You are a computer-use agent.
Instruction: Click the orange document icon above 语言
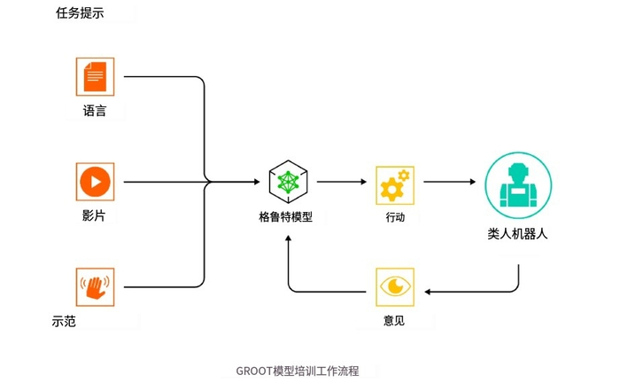(95, 77)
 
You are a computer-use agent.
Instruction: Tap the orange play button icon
(95, 182)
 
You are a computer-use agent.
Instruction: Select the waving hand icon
(95, 287)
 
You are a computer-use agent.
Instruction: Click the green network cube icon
(288, 182)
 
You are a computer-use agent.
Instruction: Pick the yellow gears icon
(395, 185)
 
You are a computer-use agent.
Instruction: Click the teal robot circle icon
(518, 185)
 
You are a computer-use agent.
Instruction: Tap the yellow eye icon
(395, 287)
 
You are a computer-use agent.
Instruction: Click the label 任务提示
(80, 13)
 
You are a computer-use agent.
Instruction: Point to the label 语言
(95, 111)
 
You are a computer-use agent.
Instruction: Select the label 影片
(94, 215)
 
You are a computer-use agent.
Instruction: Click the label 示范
(64, 321)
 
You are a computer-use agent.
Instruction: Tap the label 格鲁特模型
(286, 217)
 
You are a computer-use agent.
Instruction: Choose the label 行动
(395, 217)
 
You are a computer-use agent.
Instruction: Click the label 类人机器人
(517, 233)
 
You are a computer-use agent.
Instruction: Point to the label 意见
(394, 320)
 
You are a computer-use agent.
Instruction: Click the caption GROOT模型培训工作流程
(298, 371)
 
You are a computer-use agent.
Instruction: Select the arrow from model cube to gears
(342, 182)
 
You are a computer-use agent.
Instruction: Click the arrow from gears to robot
(450, 182)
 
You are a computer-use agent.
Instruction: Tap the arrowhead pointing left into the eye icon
(427, 292)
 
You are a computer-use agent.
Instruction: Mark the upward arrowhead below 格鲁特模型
(288, 238)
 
